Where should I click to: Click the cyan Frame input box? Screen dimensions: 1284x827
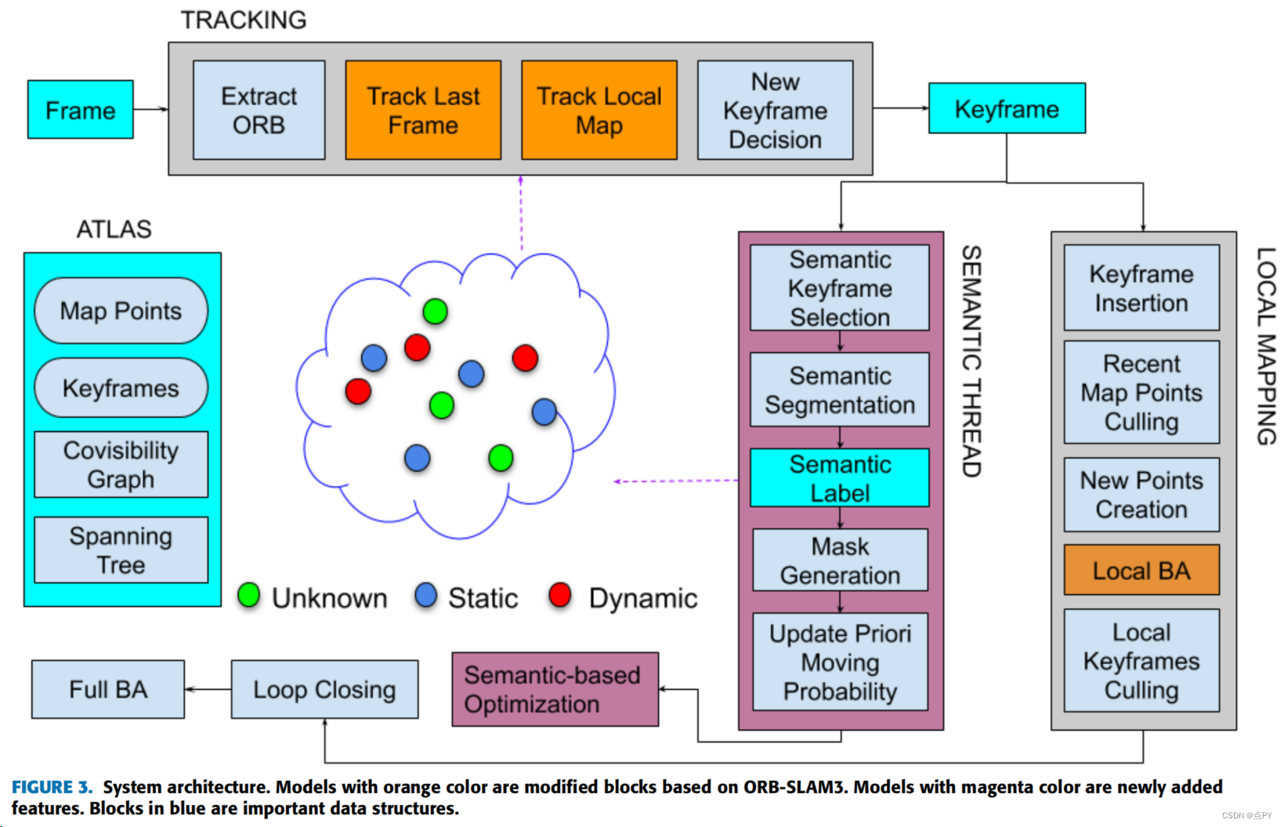(x=80, y=110)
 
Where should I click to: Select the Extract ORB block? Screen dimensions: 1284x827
(x=259, y=110)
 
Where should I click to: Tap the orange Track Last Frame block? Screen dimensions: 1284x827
(x=423, y=110)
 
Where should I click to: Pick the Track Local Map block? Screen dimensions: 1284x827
(x=599, y=110)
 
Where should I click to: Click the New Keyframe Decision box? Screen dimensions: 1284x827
(x=775, y=110)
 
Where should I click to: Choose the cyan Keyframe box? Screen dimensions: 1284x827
(x=1007, y=108)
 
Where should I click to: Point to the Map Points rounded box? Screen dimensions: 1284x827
(x=121, y=311)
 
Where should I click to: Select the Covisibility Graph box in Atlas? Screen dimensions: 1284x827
(x=121, y=465)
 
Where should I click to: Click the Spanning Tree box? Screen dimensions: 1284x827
(x=121, y=550)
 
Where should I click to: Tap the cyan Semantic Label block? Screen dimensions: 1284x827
(x=840, y=477)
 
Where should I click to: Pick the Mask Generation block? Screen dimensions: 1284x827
(x=840, y=560)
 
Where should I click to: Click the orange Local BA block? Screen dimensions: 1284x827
(x=1142, y=570)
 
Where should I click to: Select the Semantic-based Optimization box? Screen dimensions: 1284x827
(x=555, y=689)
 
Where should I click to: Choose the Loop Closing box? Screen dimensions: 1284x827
(x=324, y=689)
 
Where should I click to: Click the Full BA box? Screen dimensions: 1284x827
(x=108, y=689)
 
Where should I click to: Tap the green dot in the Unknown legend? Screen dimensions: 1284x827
(x=249, y=595)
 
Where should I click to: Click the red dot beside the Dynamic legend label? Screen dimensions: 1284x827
(x=560, y=595)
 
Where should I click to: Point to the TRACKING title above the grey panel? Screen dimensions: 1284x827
(x=244, y=20)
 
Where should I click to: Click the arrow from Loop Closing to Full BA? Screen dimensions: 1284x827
(x=208, y=689)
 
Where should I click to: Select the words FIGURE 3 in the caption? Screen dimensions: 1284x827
(x=52, y=787)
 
